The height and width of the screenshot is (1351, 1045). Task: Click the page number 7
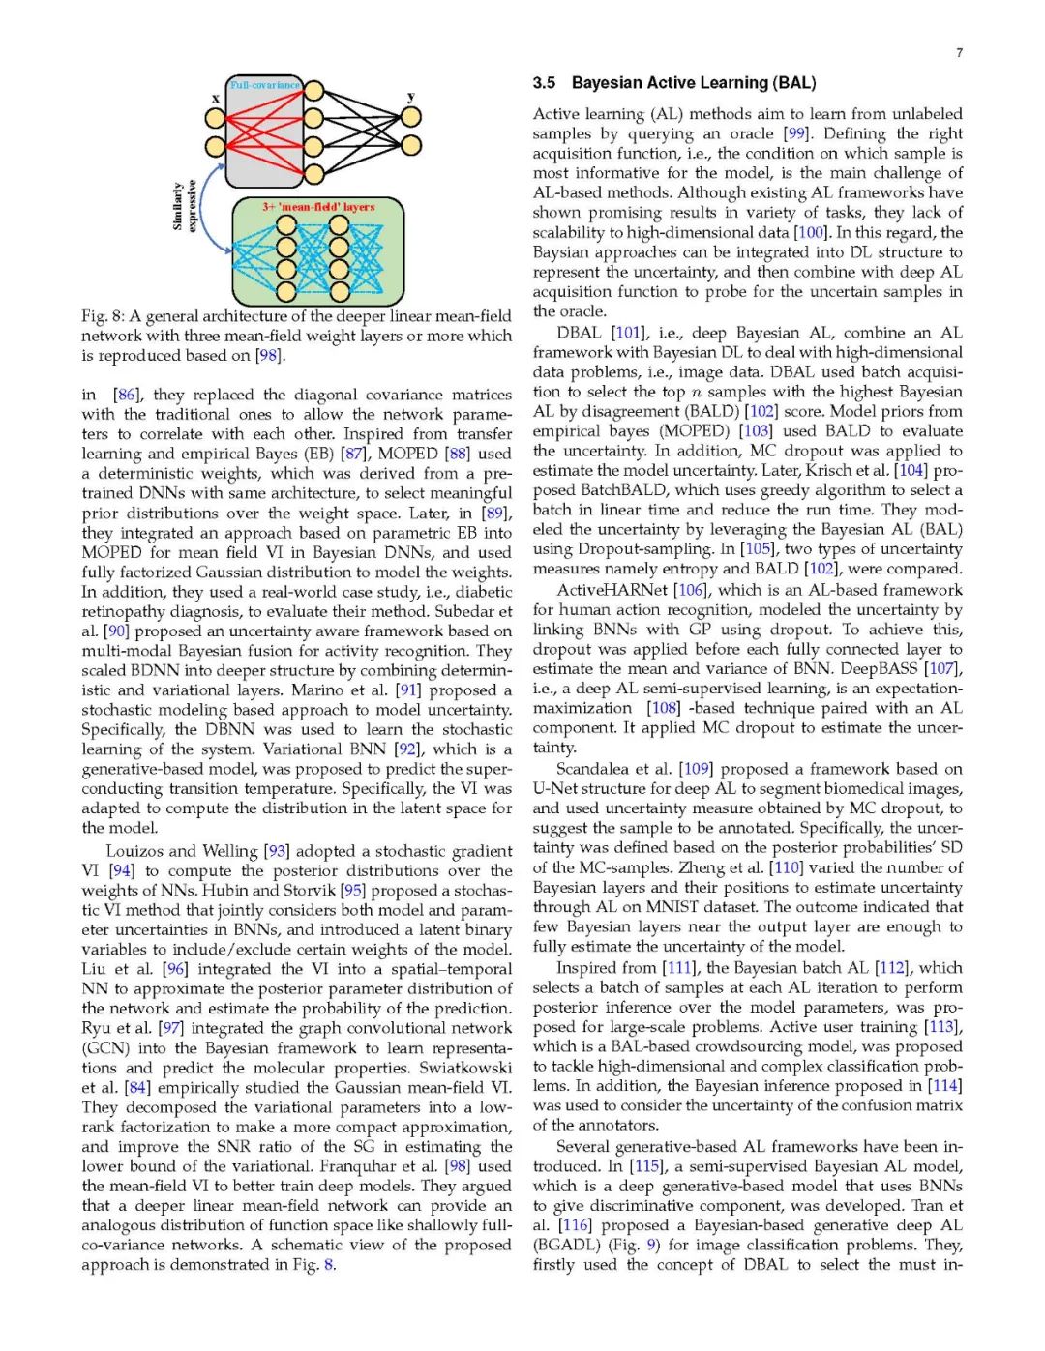tap(959, 53)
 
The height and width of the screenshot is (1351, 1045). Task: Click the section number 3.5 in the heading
tap(544, 83)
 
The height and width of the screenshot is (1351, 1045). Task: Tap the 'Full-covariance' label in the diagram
tap(264, 85)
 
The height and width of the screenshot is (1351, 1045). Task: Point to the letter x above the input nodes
tap(216, 99)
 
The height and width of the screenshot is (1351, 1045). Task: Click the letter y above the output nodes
tap(411, 97)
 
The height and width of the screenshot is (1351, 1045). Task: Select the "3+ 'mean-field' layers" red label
tap(318, 207)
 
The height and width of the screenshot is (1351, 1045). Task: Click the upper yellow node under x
tap(215, 118)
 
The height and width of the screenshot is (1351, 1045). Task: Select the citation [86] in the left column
tap(127, 395)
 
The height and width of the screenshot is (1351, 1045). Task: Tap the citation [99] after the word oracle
tap(797, 133)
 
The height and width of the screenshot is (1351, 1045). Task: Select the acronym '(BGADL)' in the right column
tap(564, 1246)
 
